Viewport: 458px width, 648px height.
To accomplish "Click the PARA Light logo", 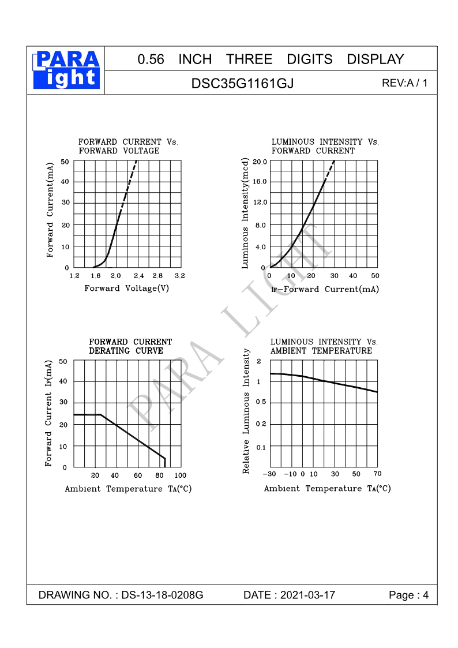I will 66,70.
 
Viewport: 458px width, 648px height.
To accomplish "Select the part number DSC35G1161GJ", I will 242,83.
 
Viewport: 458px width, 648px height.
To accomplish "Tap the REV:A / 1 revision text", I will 405,83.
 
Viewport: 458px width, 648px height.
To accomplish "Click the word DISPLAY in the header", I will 375,59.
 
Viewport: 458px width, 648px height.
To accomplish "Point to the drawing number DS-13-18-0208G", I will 162,595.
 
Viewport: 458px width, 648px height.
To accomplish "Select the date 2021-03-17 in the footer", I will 307,595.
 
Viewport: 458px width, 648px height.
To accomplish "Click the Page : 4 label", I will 409,595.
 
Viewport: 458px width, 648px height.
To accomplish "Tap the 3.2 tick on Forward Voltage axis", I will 179,276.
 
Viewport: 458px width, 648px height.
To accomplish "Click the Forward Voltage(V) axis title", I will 127,289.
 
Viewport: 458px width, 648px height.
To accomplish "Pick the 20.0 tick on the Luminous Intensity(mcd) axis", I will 260,162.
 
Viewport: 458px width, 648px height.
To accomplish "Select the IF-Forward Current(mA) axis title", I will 325,289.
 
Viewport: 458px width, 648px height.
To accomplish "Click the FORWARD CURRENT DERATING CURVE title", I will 130,346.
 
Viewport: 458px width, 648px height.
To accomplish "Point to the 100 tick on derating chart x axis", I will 180,475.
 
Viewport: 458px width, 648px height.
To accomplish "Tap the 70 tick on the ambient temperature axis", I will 377,474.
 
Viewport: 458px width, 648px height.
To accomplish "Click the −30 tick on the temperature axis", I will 269,474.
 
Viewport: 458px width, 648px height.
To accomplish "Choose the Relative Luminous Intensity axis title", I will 247,411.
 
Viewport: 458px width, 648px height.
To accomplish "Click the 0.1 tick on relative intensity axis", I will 261,447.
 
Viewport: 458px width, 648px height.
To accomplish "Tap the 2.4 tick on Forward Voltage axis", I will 138,276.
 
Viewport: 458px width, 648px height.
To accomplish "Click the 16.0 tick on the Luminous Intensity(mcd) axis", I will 260,182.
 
